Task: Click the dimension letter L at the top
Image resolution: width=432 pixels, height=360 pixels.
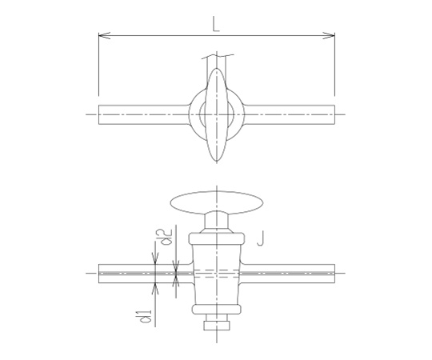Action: tap(216, 24)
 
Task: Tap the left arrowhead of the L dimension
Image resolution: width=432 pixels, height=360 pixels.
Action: tap(104, 35)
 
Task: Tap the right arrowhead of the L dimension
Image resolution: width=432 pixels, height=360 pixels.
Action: tap(330, 35)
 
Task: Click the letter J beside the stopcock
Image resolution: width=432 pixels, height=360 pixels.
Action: tap(261, 238)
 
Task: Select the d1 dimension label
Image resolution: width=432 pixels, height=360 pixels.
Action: tap(146, 316)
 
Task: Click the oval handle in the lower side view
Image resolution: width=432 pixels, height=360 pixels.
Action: tap(217, 202)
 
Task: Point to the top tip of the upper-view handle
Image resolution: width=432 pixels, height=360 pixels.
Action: tap(217, 68)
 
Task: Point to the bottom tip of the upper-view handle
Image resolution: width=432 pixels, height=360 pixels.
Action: tap(217, 161)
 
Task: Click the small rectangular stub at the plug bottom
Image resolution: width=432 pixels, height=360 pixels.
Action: tap(217, 326)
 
